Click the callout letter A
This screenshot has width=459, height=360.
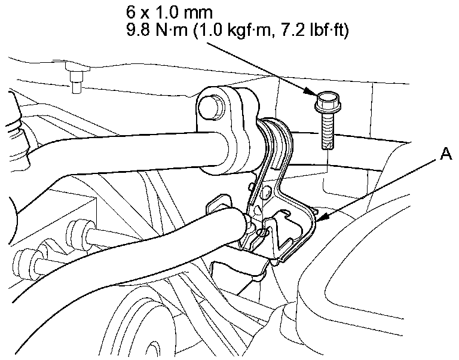pos(446,154)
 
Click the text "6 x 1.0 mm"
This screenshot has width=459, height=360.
pos(169,12)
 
